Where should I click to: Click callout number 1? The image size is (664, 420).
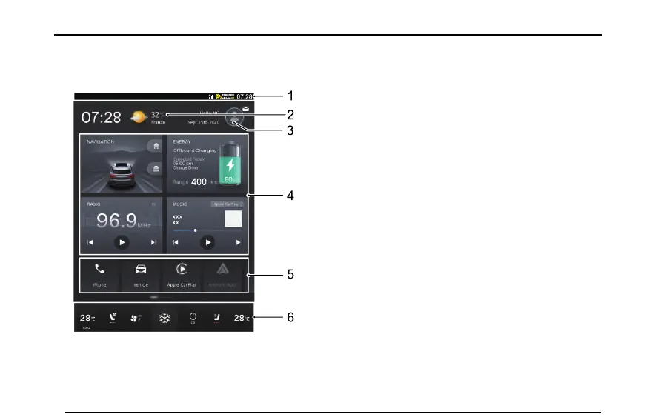291,96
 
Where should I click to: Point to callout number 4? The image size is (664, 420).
291,196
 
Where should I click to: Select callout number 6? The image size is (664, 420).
291,317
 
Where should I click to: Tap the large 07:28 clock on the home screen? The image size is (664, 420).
101,117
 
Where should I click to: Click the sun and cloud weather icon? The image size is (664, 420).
138,117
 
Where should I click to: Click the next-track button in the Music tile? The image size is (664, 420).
239,242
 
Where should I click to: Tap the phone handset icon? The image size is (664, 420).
99,269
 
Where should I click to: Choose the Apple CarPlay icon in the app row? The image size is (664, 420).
182,270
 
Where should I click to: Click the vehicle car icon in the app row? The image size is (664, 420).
140,269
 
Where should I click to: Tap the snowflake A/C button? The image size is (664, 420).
165,319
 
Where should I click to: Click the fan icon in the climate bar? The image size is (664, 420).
136,319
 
